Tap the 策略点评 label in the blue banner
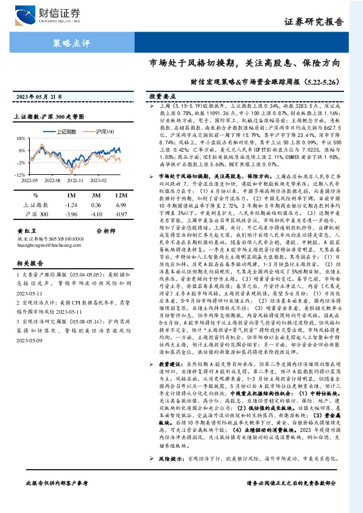coord(68,43)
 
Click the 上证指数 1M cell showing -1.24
coord(71,205)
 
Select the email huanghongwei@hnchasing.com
coord(47,245)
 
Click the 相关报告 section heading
coord(28,263)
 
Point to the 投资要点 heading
coord(162,97)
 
